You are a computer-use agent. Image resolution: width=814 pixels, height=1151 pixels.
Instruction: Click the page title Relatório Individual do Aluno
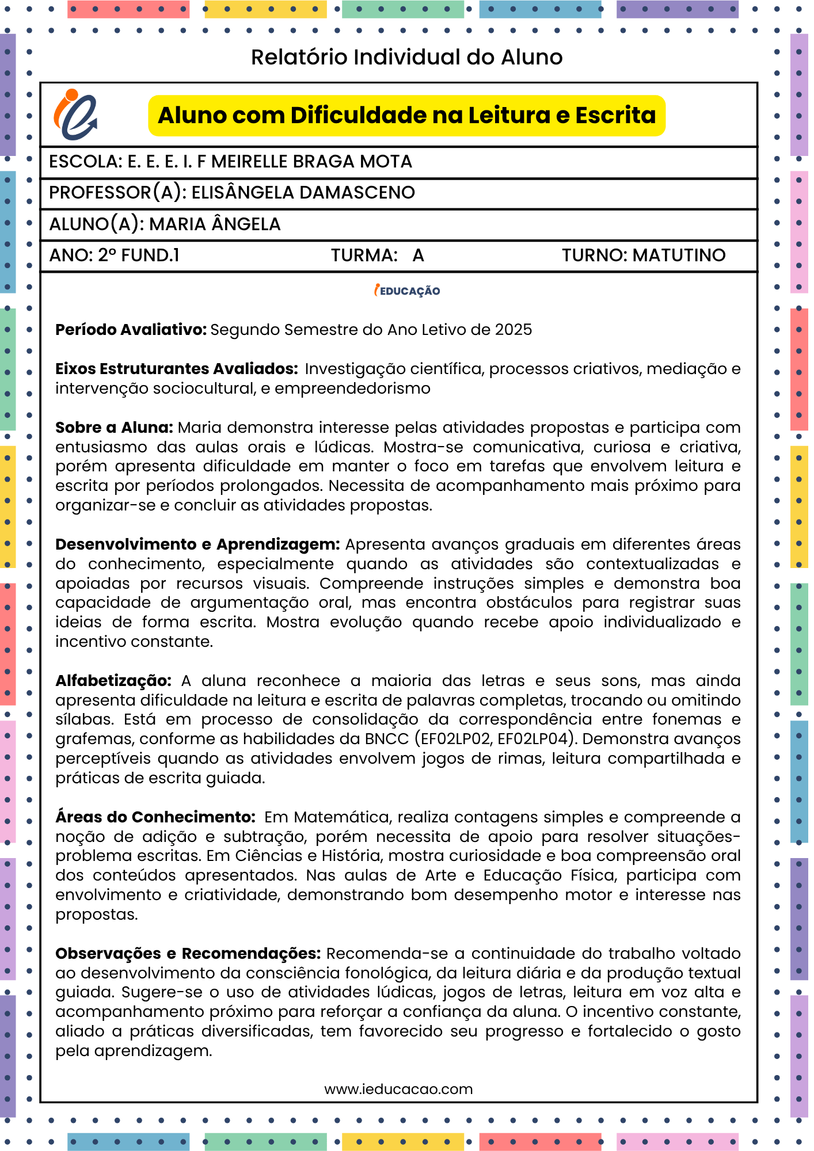tap(406, 58)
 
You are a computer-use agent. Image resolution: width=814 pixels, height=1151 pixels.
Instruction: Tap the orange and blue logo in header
tap(75, 115)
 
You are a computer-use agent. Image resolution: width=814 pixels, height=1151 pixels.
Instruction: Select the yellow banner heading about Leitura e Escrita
tap(406, 116)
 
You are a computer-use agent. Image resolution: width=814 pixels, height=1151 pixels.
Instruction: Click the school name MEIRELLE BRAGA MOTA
tap(311, 162)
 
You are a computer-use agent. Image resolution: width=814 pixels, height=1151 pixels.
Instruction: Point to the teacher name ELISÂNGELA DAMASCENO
tap(303, 193)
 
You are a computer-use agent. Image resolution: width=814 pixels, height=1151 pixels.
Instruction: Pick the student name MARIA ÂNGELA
tap(215, 224)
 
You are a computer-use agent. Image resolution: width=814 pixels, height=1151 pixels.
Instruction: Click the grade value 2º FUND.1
tap(139, 256)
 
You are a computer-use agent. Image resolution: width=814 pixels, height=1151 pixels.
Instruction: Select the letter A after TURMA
tap(418, 256)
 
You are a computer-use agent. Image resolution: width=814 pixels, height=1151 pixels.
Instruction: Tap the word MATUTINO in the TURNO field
tap(679, 256)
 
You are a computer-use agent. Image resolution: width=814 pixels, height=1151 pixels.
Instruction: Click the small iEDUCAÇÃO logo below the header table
tap(407, 291)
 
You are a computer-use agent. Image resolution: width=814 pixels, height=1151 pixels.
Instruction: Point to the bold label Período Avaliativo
tap(131, 330)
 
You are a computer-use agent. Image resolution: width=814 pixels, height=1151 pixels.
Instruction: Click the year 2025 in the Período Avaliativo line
tap(513, 330)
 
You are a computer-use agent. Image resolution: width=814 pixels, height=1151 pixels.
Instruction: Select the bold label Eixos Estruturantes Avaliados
tap(177, 369)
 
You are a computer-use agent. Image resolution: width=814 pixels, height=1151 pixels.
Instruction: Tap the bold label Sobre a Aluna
tap(114, 428)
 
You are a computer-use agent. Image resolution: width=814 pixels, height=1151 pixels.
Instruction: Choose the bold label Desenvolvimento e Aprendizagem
tap(197, 544)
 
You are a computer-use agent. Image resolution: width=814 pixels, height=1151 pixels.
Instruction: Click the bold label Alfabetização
tap(113, 681)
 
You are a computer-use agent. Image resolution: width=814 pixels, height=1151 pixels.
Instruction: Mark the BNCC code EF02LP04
tap(532, 739)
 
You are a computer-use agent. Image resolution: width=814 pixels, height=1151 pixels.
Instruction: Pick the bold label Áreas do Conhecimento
tap(155, 817)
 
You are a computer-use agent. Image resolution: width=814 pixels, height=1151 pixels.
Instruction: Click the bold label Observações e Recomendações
tap(188, 954)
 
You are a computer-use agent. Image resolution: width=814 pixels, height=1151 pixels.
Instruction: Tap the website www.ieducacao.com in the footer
tap(398, 1089)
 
